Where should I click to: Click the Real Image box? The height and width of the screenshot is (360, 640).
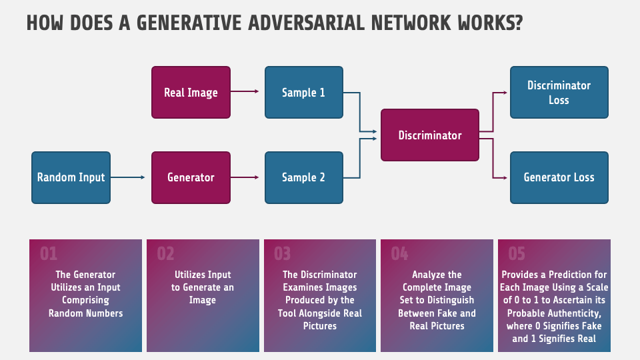point(191,93)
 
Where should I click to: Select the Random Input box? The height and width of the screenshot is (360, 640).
point(71,177)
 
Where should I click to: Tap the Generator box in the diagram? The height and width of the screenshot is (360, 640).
point(191,177)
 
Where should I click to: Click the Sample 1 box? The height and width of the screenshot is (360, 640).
point(303,93)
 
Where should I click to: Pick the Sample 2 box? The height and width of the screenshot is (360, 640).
point(303,177)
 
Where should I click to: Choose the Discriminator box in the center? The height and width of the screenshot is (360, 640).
point(429,135)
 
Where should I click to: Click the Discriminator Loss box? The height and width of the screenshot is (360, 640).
point(559,93)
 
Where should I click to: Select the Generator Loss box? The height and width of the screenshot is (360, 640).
point(559,177)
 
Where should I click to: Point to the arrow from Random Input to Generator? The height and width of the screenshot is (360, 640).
point(128,177)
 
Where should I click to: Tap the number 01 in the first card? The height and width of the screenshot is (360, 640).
point(49,254)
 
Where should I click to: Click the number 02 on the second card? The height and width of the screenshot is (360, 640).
point(165,254)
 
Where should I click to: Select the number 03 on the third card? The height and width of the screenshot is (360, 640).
point(283,254)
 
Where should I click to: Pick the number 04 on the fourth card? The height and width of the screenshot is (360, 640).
point(399,254)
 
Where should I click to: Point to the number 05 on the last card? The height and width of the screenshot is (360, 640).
point(517,254)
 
